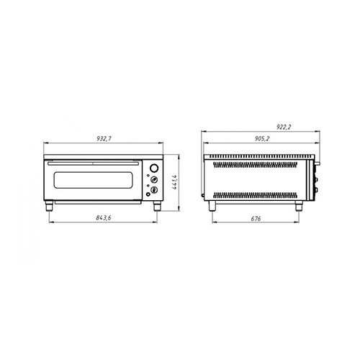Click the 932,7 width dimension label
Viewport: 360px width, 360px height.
pyautogui.click(x=104, y=139)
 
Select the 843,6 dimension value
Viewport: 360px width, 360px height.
pyautogui.click(x=104, y=218)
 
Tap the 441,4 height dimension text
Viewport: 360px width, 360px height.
pyautogui.click(x=175, y=182)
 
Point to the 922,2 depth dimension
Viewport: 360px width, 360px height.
pyautogui.click(x=284, y=127)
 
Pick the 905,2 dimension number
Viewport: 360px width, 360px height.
pyautogui.click(x=262, y=139)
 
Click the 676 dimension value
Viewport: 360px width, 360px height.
pyautogui.click(x=256, y=219)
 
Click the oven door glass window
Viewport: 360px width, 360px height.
pyautogui.click(x=93, y=180)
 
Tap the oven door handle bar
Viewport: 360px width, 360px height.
pyautogui.click(x=94, y=163)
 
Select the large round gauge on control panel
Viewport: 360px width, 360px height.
pyautogui.click(x=154, y=168)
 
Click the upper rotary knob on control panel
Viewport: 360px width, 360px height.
pyautogui.click(x=154, y=180)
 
